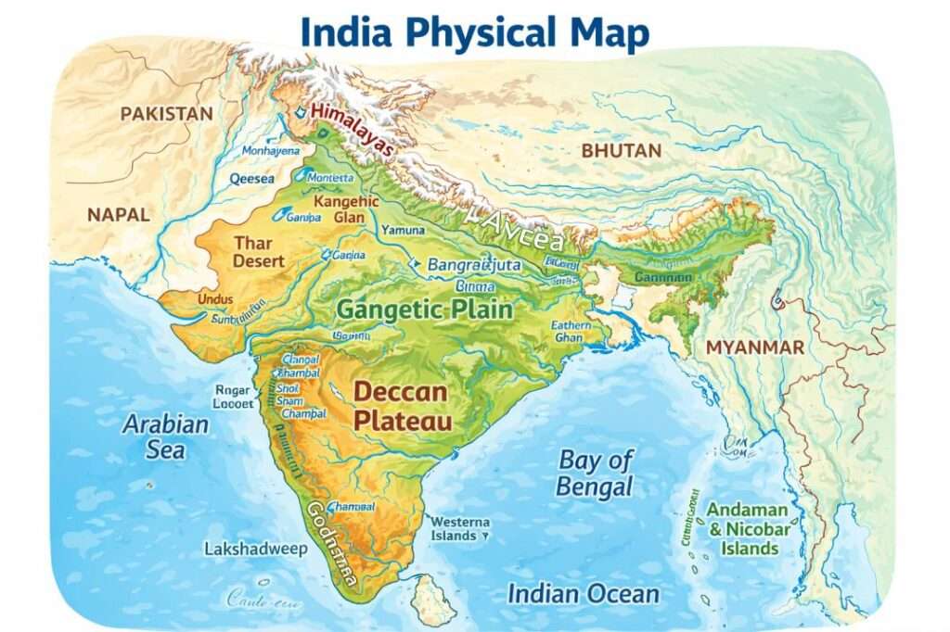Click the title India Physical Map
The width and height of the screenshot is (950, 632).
click(475, 32)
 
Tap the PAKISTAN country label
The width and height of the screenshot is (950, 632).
click(167, 114)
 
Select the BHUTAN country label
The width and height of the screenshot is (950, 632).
click(621, 150)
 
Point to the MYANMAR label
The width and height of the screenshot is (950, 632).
click(755, 348)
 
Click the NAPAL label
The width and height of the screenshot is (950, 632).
click(118, 214)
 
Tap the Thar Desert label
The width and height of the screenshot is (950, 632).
click(259, 252)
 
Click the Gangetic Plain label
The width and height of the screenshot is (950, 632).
click(425, 310)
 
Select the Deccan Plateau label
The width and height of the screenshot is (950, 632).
click(402, 406)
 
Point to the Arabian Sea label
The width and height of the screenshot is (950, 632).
click(166, 437)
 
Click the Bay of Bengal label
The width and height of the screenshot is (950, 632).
click(595, 473)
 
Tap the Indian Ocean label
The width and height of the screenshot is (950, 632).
click(583, 594)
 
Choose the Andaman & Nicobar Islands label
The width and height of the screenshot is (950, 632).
click(748, 529)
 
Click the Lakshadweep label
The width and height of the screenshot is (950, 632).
click(255, 550)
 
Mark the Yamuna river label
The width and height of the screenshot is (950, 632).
click(403, 230)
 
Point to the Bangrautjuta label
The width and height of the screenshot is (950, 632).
click(474, 265)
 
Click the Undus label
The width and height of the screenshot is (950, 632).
click(215, 299)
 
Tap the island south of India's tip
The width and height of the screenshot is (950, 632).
click(433, 600)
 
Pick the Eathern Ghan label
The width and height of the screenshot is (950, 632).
click(570, 332)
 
